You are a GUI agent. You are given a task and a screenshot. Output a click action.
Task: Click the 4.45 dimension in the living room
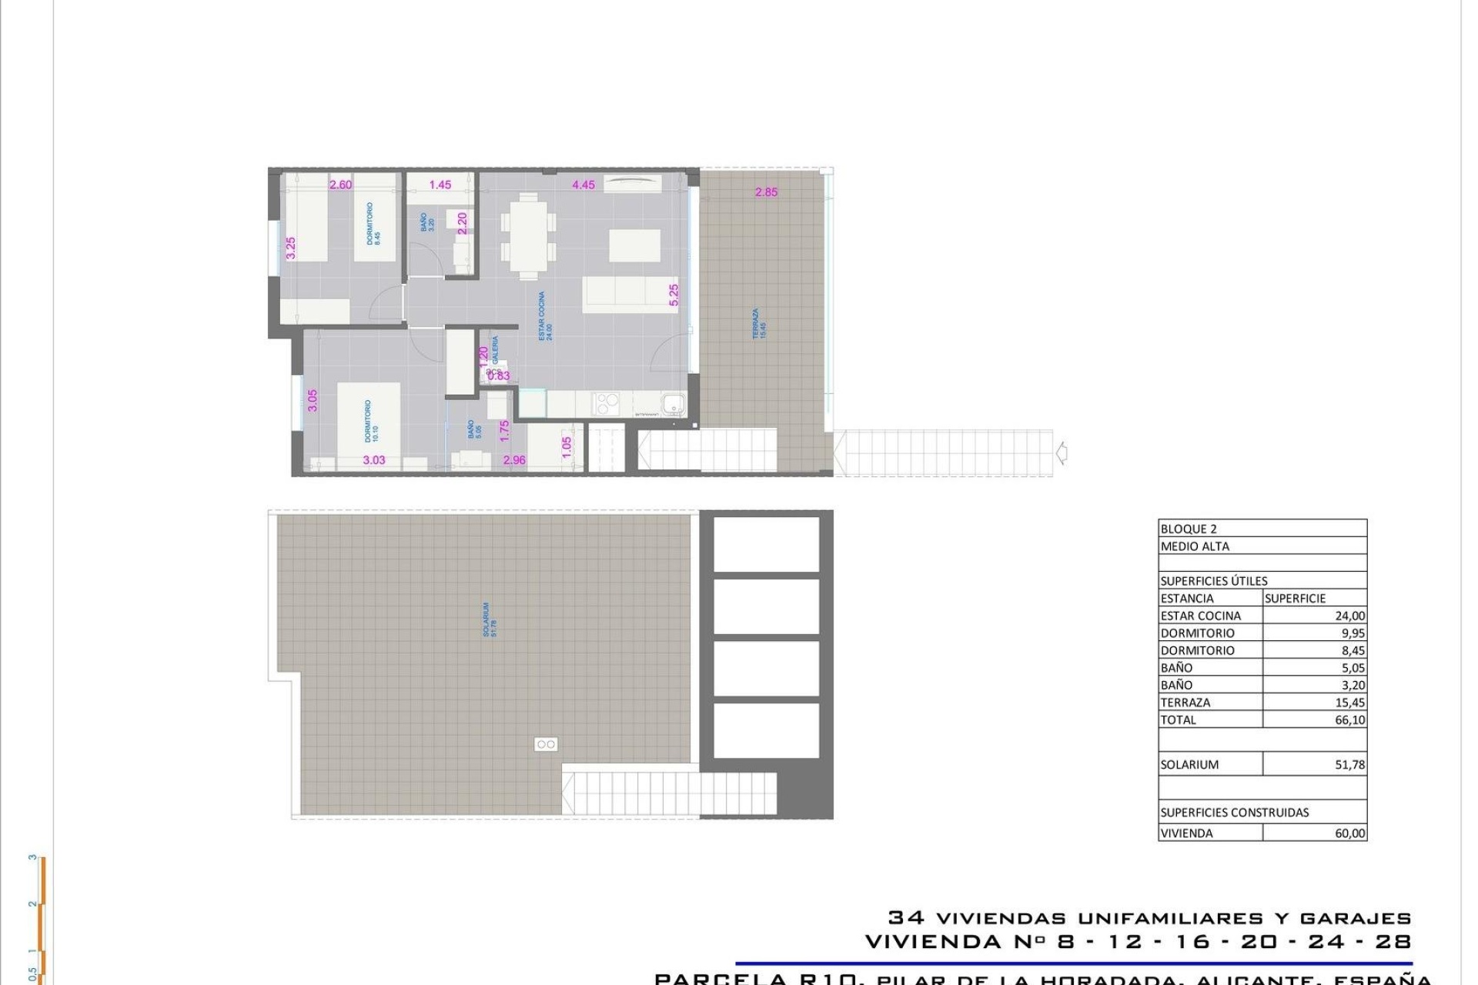584,185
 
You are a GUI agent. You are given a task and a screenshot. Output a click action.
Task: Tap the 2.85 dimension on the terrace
766,192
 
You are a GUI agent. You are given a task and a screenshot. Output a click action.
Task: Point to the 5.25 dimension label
674,295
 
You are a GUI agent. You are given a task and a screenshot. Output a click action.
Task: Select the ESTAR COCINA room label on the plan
545,316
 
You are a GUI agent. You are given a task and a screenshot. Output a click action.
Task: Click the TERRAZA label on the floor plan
760,324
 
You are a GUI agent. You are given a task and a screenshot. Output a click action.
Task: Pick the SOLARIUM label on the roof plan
490,619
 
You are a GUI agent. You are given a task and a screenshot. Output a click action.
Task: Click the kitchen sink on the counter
674,402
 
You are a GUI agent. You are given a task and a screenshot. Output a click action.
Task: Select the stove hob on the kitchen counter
606,403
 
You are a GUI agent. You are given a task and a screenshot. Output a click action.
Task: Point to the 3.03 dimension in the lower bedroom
374,460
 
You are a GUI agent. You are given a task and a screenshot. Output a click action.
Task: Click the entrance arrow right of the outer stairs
1062,453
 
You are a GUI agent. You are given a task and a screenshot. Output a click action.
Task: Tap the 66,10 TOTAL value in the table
1349,720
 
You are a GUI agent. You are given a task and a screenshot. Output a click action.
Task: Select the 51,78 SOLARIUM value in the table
1349,765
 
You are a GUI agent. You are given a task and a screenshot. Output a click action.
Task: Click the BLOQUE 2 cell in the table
1189,529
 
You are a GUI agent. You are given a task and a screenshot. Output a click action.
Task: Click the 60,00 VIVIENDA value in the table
1349,833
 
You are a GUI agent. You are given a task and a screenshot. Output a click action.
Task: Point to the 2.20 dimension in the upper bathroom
462,223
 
